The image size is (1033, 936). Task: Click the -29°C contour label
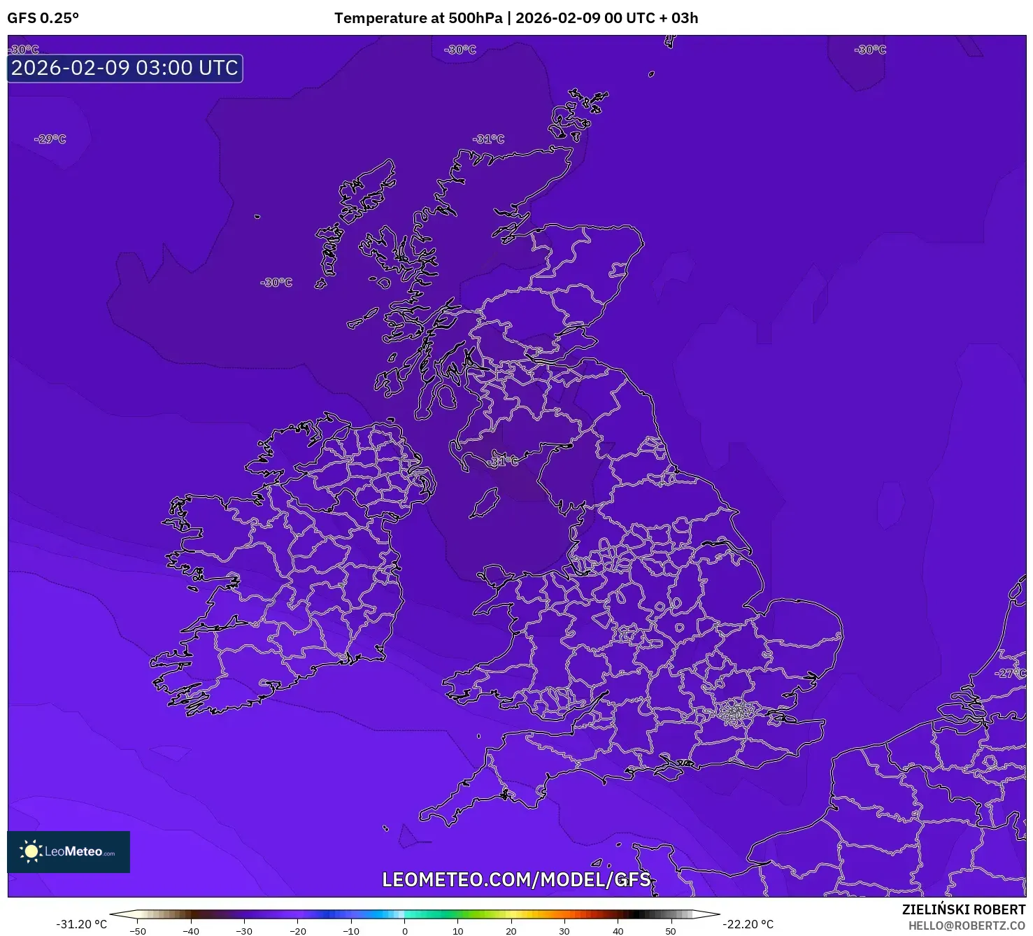(x=50, y=139)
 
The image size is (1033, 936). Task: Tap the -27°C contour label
(x=1011, y=673)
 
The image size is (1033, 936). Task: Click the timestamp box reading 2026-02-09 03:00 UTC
(x=125, y=68)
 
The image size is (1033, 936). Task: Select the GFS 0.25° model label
(x=43, y=18)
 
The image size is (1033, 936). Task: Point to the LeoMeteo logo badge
(x=69, y=851)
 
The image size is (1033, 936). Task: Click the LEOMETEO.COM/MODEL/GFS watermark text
(x=516, y=879)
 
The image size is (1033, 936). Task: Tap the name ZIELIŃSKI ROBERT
(x=963, y=909)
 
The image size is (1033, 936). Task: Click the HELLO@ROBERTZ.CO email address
(x=967, y=926)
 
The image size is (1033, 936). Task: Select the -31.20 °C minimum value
(x=81, y=924)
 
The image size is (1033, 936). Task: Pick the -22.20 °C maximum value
(x=748, y=924)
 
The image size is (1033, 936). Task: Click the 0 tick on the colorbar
(x=404, y=931)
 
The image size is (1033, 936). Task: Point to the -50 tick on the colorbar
(x=138, y=931)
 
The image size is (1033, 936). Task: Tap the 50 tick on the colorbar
(x=671, y=931)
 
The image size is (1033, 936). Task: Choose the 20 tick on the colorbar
(x=511, y=931)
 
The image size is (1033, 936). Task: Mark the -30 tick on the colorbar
(x=244, y=931)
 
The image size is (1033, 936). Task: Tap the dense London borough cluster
(x=735, y=713)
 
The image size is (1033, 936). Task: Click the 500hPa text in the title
(x=476, y=18)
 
